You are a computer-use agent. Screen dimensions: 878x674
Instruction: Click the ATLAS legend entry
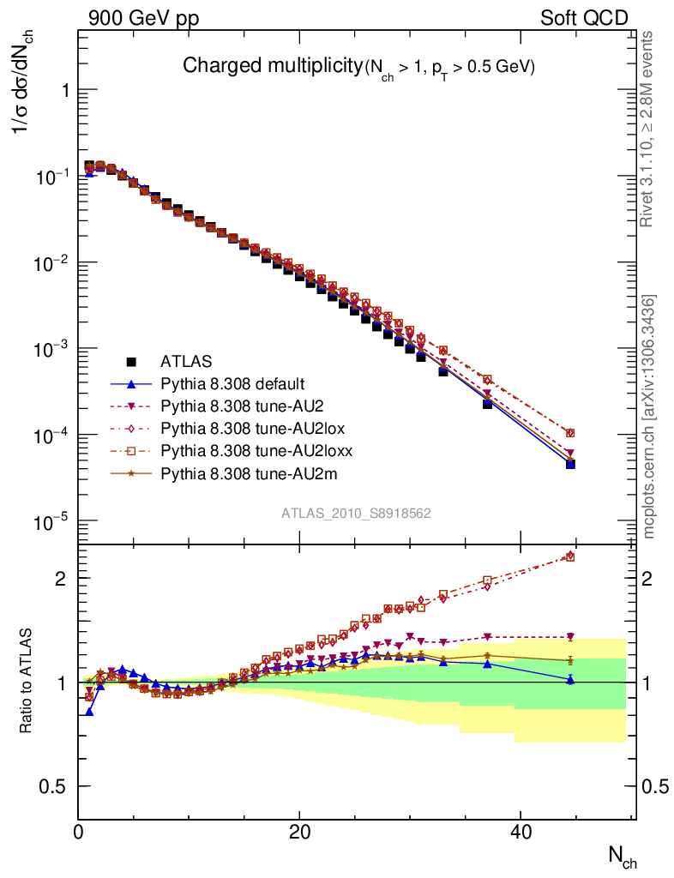186,361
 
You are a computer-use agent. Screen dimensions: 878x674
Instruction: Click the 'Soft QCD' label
584,19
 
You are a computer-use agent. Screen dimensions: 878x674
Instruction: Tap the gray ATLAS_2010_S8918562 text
356,514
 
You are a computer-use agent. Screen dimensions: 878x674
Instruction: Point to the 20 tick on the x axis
298,831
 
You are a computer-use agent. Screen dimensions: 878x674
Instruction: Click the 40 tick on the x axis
519,831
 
